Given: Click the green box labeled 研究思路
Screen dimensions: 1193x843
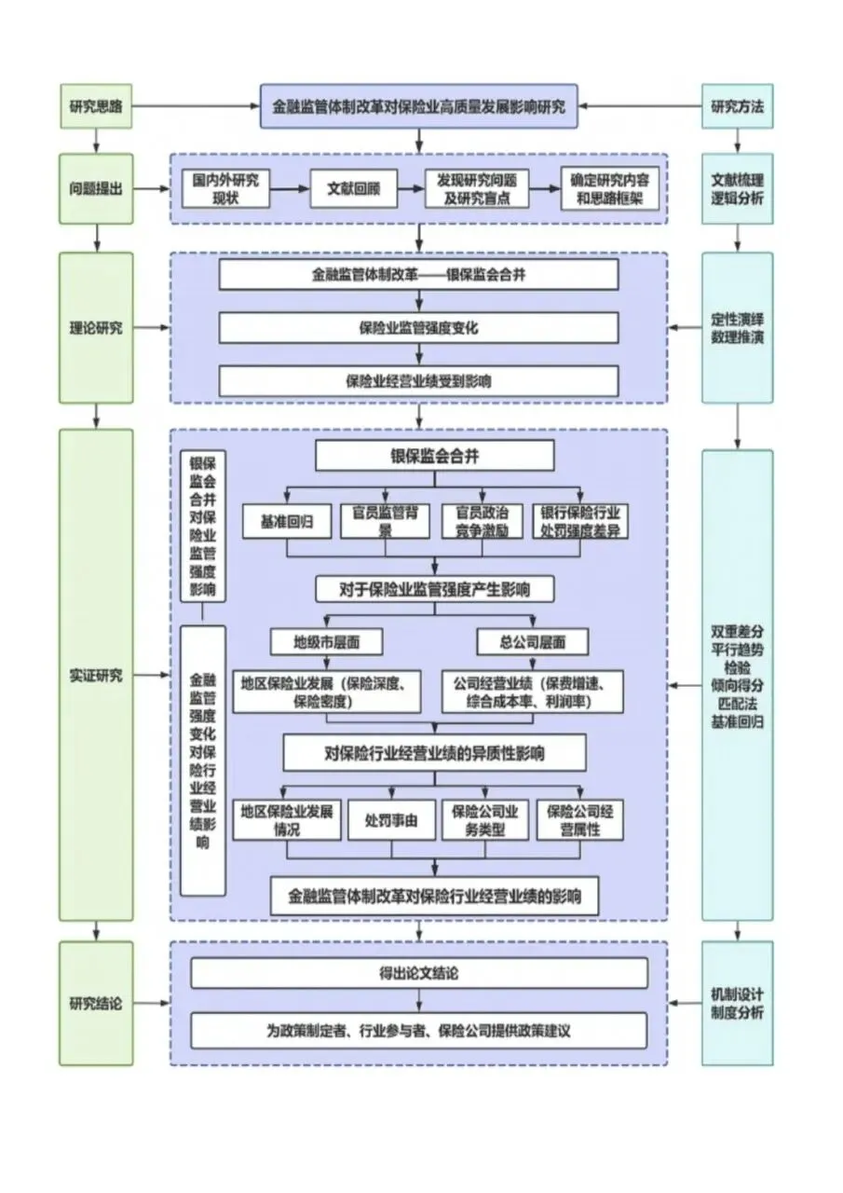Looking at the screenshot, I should pyautogui.click(x=96, y=105).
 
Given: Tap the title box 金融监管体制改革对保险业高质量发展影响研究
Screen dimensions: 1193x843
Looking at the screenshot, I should pyautogui.click(x=418, y=105).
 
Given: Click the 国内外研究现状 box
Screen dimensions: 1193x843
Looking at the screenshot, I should pyautogui.click(x=225, y=188).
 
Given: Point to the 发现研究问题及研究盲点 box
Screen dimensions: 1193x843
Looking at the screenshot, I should pyautogui.click(x=477, y=188).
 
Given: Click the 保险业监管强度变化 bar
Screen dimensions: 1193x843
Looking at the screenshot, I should pyautogui.click(x=419, y=328).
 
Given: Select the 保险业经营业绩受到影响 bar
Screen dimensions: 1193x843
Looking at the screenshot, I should pyautogui.click(x=419, y=380).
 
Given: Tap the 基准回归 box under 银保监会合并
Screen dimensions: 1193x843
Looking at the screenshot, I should pyautogui.click(x=286, y=522).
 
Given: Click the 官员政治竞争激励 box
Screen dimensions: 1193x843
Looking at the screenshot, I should pyautogui.click(x=482, y=522).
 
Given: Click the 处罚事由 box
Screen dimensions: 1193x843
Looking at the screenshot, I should pyautogui.click(x=390, y=820).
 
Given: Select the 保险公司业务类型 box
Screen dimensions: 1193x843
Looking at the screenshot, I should pyautogui.click(x=484, y=820).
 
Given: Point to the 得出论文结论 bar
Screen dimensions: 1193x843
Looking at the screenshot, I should pyautogui.click(x=419, y=973).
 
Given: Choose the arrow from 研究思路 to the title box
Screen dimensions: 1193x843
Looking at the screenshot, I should pyautogui.click(x=196, y=105).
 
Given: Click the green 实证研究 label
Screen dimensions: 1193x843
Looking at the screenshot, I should pyautogui.click(x=96, y=675).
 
